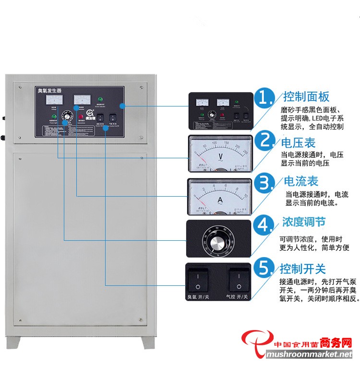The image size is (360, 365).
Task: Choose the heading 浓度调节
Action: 303,223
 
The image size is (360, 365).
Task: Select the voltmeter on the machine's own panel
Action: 53,100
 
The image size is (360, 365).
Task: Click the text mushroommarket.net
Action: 309,355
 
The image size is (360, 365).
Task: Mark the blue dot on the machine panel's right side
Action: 122,106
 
